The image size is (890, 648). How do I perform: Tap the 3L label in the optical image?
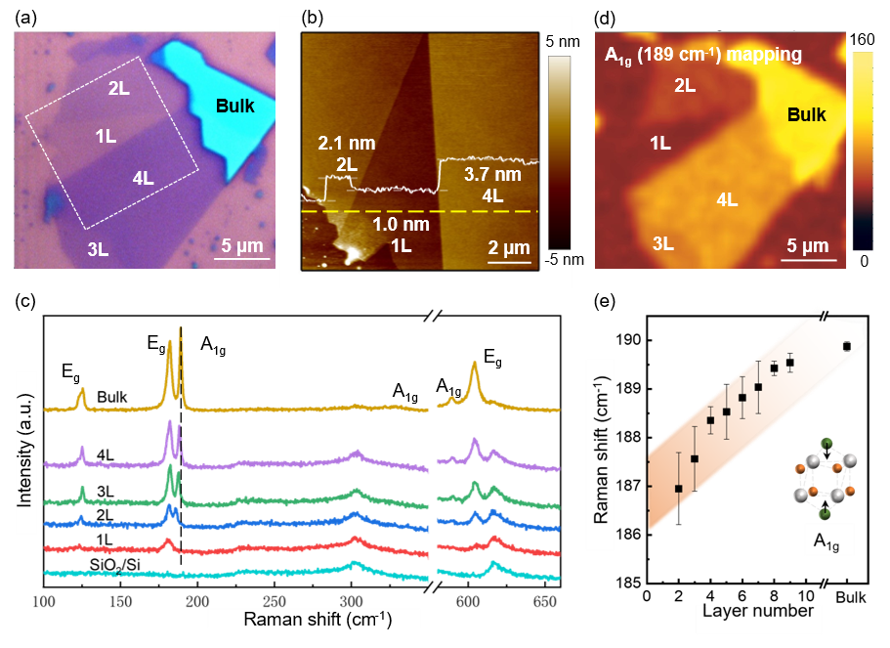pyautogui.click(x=98, y=249)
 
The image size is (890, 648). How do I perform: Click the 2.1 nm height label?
pyautogui.click(x=346, y=144)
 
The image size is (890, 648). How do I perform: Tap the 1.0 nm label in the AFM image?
pyautogui.click(x=401, y=223)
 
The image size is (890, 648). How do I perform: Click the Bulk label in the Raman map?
pyautogui.click(x=806, y=115)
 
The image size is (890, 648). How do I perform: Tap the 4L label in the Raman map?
pyautogui.click(x=727, y=200)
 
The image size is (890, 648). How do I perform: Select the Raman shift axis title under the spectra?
pyautogui.click(x=315, y=618)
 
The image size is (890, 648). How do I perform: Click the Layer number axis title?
pyautogui.click(x=758, y=611)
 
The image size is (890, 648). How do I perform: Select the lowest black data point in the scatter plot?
pyautogui.click(x=679, y=488)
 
